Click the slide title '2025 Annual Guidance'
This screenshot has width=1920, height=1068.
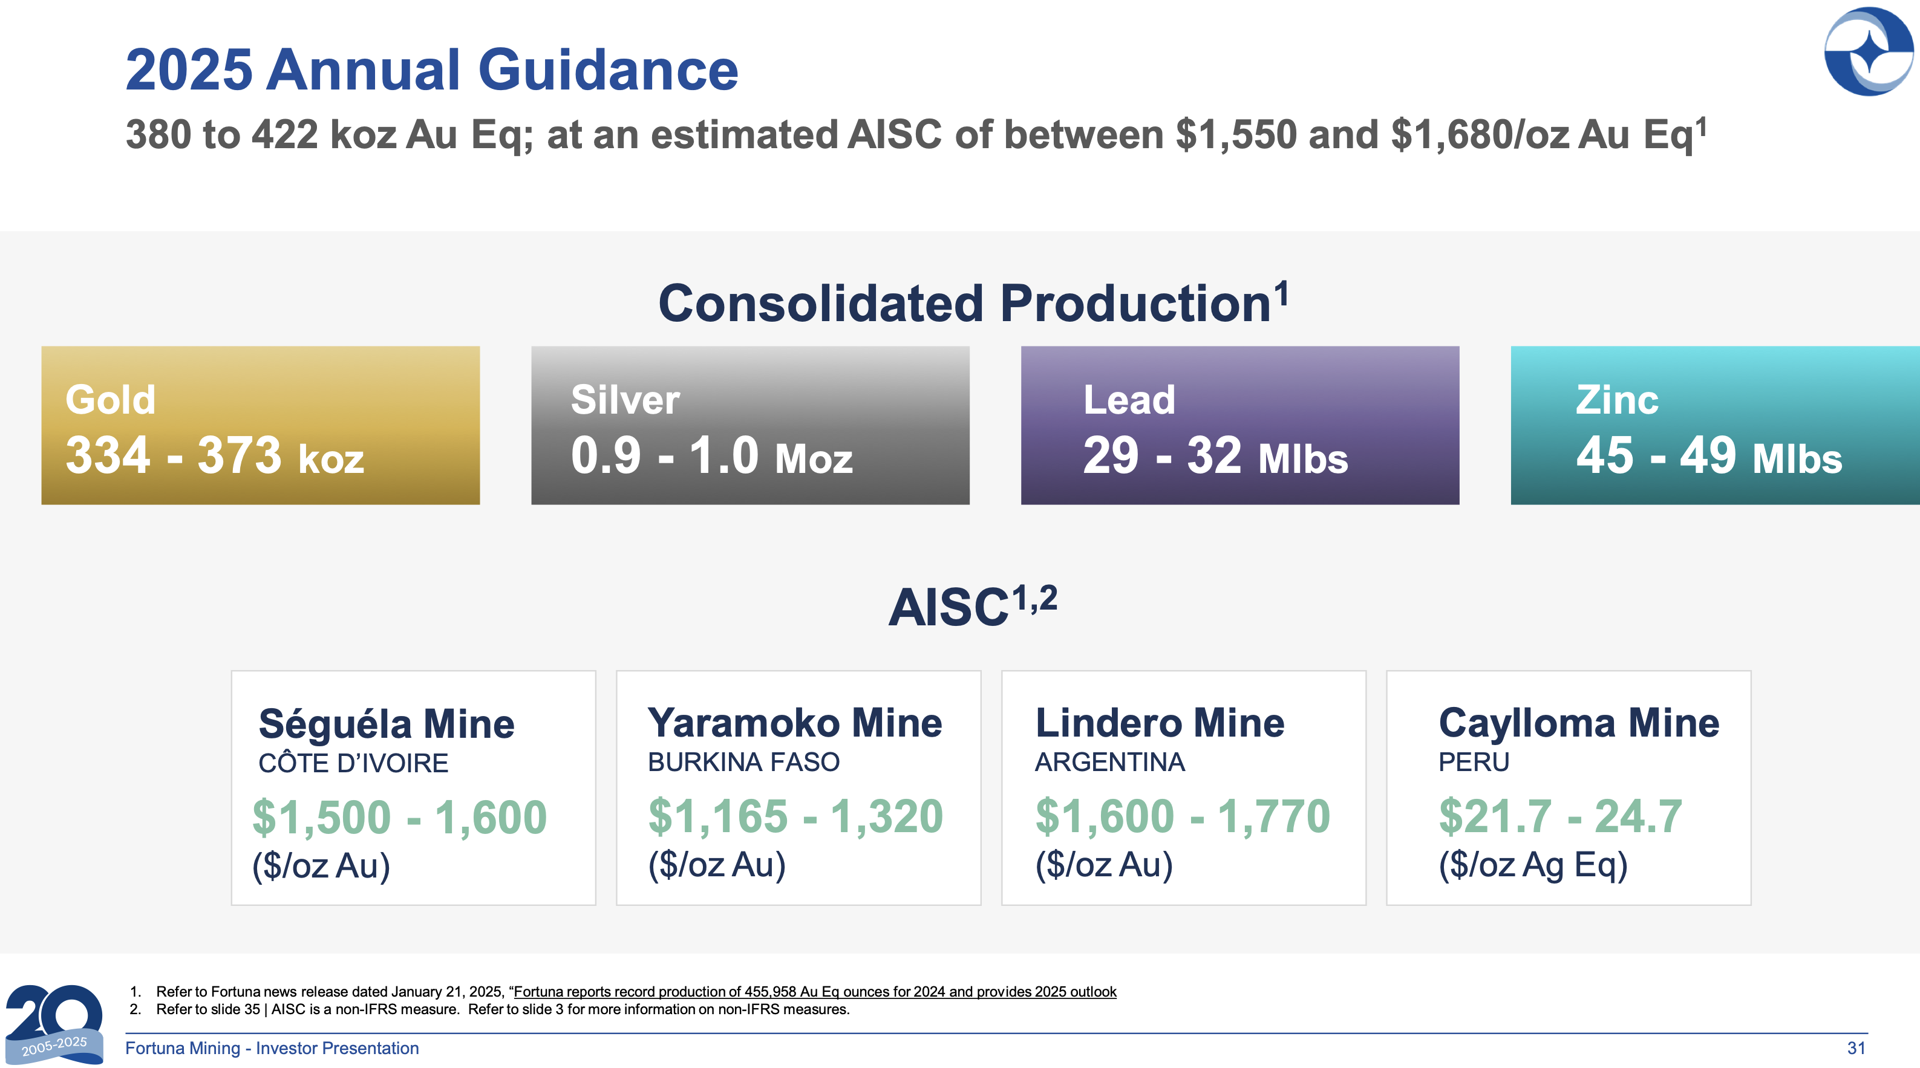coord(431,70)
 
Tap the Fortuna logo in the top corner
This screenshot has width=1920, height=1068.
coord(1868,51)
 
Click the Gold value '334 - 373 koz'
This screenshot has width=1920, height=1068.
coord(215,455)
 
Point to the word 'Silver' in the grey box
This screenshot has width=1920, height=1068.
coord(625,400)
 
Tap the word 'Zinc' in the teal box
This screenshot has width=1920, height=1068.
coord(1618,400)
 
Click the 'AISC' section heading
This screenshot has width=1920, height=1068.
coord(973,605)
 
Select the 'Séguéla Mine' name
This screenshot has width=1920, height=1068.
coord(386,724)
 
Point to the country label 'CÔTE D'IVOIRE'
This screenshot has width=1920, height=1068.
coord(353,763)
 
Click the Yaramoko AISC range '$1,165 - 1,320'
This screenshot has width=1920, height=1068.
coord(795,816)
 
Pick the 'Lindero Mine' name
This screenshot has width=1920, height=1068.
coord(1160,723)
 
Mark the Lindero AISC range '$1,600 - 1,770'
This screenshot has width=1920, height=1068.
coord(1183,816)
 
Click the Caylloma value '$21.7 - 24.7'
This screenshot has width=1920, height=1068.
coord(1561,816)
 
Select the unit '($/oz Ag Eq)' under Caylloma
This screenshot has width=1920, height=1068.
coord(1533,865)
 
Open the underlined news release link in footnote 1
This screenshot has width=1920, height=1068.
coord(815,992)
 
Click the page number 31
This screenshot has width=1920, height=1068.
coord(1856,1048)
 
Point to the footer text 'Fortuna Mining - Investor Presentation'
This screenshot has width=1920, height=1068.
coord(272,1048)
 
